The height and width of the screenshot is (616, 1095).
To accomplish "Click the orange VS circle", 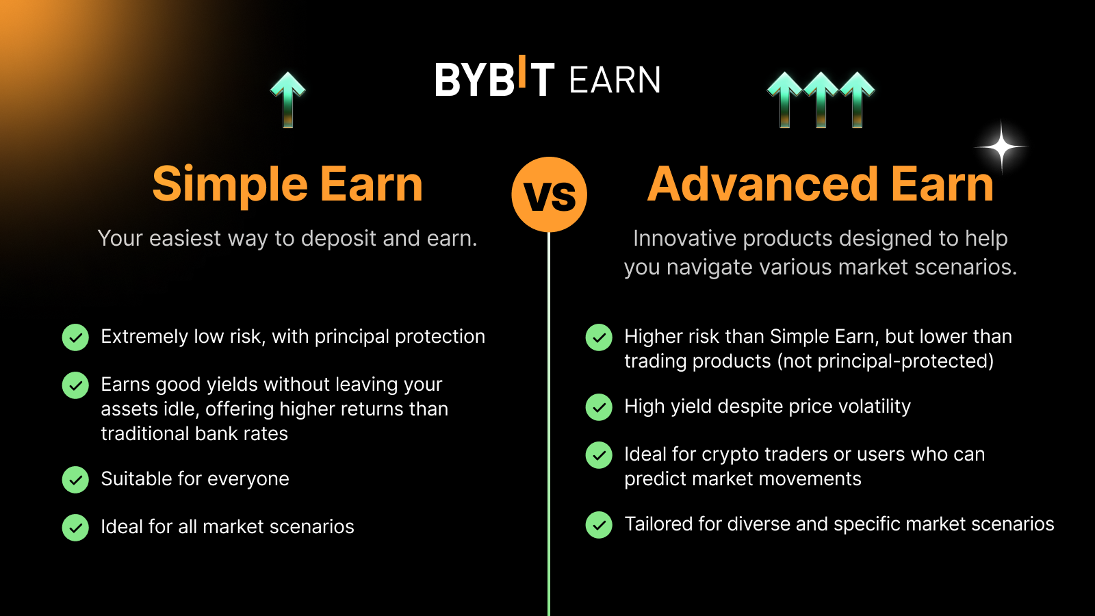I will point(549,194).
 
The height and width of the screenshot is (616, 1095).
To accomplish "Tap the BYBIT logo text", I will point(494,79).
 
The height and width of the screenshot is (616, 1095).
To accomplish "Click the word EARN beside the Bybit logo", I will point(615,81).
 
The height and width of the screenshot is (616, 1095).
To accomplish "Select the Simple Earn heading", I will point(287,185).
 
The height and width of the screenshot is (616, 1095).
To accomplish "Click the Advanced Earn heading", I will point(820,185).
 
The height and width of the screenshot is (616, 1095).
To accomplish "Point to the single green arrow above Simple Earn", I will point(288,99).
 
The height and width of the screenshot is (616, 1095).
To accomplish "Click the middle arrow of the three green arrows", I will point(821,99).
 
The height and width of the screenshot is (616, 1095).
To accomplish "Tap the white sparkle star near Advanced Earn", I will point(1001,146).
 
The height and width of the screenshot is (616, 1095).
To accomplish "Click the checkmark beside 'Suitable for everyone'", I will point(75,480).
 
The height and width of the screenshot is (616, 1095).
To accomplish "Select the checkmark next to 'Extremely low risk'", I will point(75,337).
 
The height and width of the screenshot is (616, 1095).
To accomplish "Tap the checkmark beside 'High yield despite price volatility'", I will point(599,407).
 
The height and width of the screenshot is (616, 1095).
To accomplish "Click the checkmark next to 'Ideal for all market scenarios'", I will point(75,528).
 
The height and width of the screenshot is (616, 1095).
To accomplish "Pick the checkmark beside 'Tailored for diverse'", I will point(599,525).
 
